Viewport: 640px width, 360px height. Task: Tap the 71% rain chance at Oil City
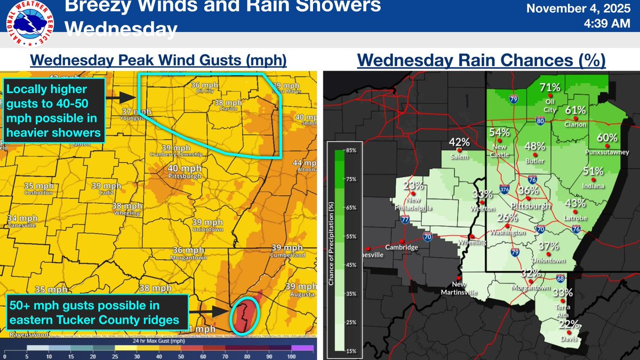click(549, 87)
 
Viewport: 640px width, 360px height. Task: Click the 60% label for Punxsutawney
click(607, 138)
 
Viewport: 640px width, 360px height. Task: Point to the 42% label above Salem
click(459, 142)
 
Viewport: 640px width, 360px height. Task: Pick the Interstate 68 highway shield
click(559, 278)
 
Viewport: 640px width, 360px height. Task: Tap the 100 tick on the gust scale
click(291, 355)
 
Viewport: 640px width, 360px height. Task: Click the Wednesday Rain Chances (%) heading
click(481, 61)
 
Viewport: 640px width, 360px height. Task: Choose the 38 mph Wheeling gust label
click(126, 206)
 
